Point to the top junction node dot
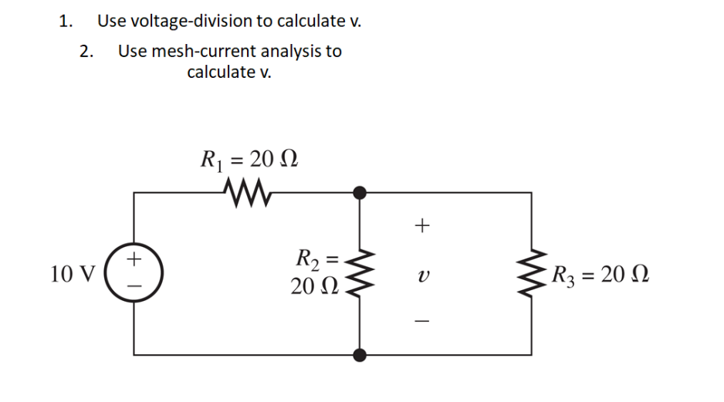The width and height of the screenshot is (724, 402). click(360, 191)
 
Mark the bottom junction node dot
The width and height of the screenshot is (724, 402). click(360, 354)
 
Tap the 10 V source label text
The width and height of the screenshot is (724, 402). click(72, 274)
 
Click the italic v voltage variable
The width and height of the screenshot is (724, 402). click(421, 275)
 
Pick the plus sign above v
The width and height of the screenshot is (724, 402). click(421, 225)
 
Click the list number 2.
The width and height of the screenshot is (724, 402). click(86, 52)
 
